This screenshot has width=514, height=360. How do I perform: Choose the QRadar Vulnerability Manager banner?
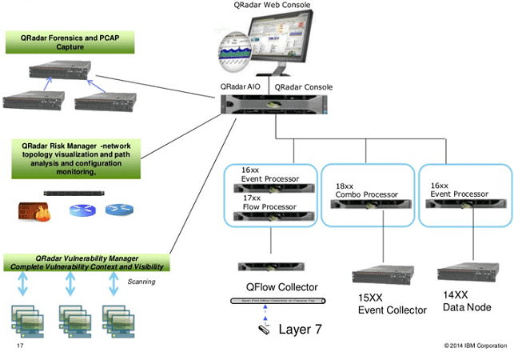(82, 262)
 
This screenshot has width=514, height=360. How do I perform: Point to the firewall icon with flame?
(34, 210)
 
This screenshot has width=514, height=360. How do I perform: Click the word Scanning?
(141, 282)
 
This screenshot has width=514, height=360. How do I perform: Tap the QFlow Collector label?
(282, 287)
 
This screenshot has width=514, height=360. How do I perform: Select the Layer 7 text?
(300, 328)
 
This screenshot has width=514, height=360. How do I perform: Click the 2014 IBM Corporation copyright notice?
(475, 346)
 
